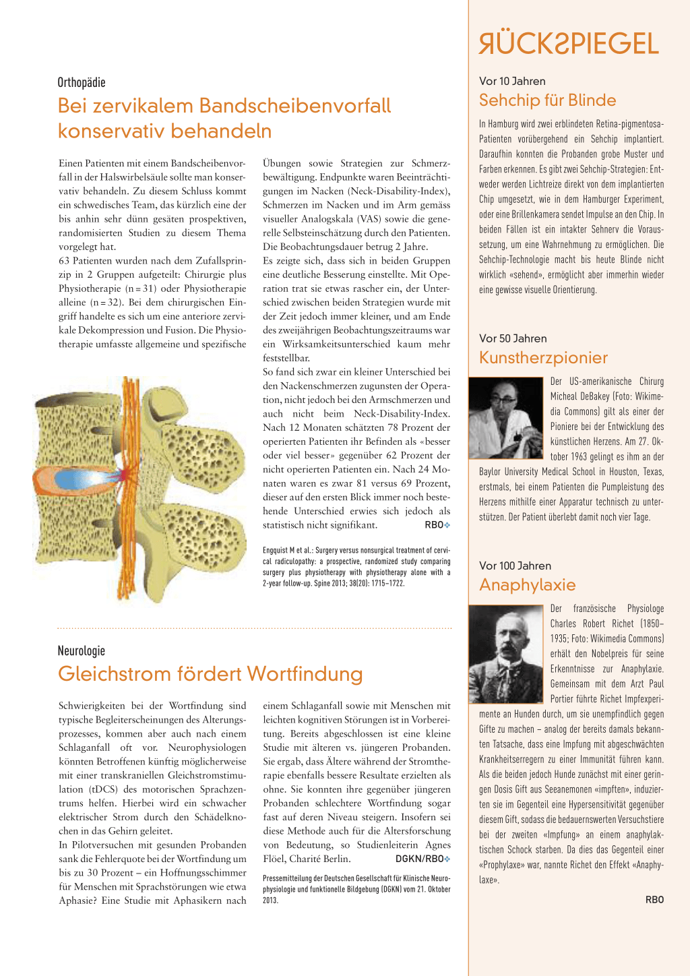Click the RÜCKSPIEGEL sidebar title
569,44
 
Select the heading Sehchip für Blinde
547,100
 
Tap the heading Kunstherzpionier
543,358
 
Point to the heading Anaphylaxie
527,585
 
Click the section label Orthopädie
82,83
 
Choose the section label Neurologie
82,651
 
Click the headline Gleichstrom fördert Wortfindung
210,674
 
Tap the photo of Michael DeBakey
506,419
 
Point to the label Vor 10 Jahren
512,81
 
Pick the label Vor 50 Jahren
513,338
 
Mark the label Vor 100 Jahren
515,566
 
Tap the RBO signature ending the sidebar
654,900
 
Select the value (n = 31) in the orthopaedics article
141,288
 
